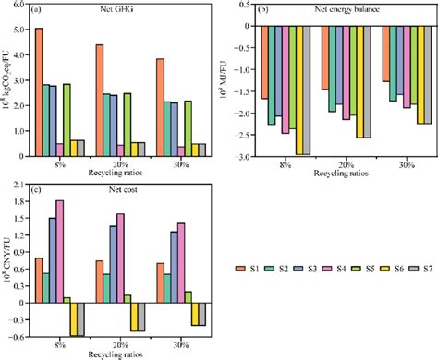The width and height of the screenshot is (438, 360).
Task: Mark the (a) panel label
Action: pos(40,10)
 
